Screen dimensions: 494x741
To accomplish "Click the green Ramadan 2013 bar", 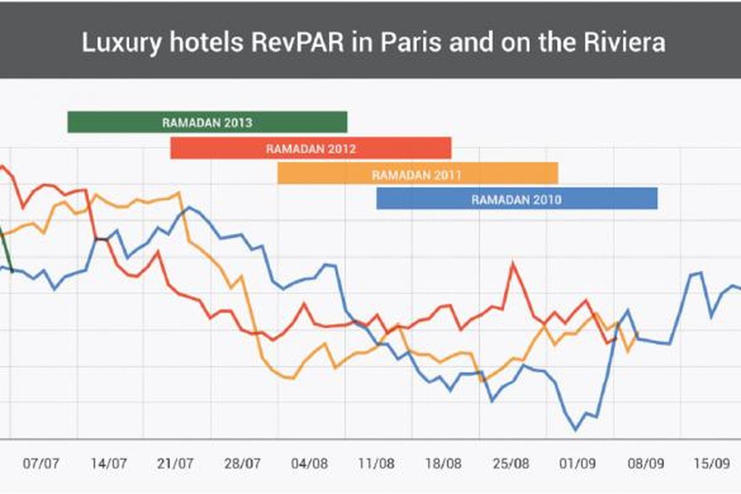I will tap(207, 122).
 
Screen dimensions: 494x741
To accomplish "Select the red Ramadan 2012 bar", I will tap(311, 148).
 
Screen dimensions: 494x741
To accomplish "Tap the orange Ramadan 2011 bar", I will tap(417, 174).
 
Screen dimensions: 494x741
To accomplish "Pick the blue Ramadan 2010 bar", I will tap(517, 199).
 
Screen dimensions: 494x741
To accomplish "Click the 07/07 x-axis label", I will tap(41, 463).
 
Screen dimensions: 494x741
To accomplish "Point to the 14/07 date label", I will tap(109, 463).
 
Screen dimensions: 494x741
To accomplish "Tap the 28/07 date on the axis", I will tap(243, 463).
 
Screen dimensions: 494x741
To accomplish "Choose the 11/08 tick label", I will tap(377, 463).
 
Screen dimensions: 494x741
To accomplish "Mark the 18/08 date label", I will tap(444, 463).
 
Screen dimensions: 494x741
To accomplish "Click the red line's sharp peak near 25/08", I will tap(513, 264).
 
